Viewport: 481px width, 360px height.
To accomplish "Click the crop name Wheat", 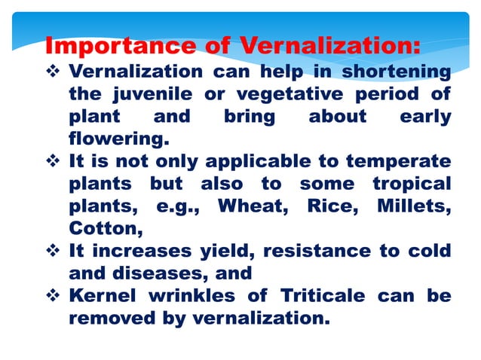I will tap(249, 206).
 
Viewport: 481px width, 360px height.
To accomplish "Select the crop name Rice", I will tap(326, 206).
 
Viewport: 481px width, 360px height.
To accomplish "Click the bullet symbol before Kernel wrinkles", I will tap(53, 294).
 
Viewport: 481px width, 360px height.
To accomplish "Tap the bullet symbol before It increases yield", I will tap(53, 250).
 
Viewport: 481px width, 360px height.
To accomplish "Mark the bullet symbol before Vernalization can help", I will tap(53, 72).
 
